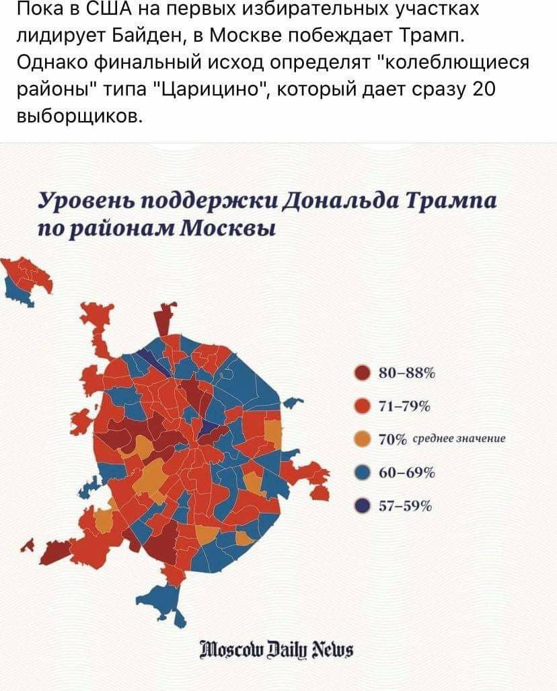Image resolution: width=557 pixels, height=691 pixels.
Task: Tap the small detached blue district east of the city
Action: click(290, 403)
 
